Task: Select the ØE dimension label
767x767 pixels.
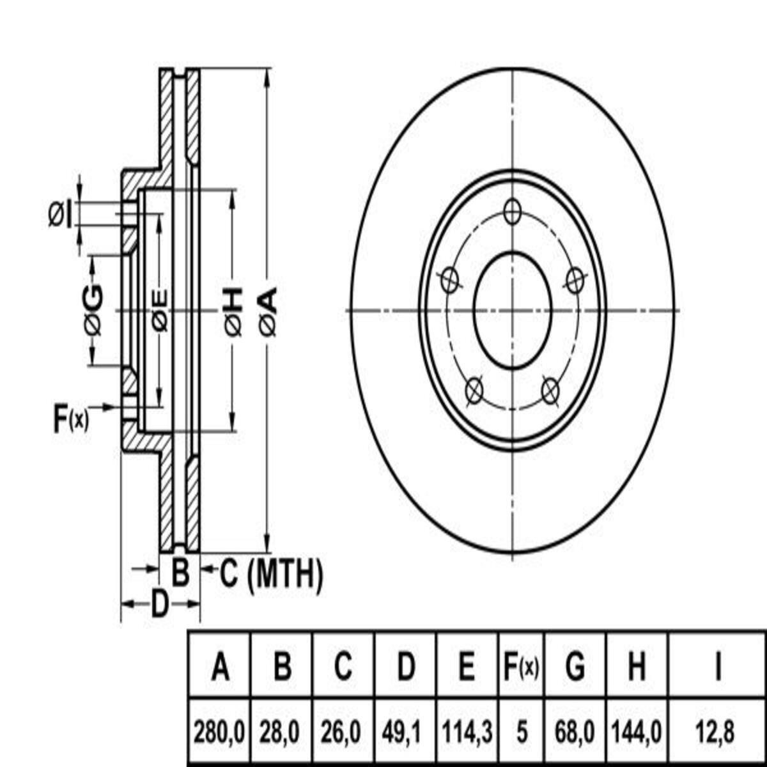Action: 160,312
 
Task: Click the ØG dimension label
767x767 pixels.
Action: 93,309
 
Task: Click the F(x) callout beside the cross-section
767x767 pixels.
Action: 71,419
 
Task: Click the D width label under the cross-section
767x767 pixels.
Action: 160,604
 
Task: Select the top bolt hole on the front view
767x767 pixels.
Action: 512,212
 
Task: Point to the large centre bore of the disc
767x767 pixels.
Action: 513,310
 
